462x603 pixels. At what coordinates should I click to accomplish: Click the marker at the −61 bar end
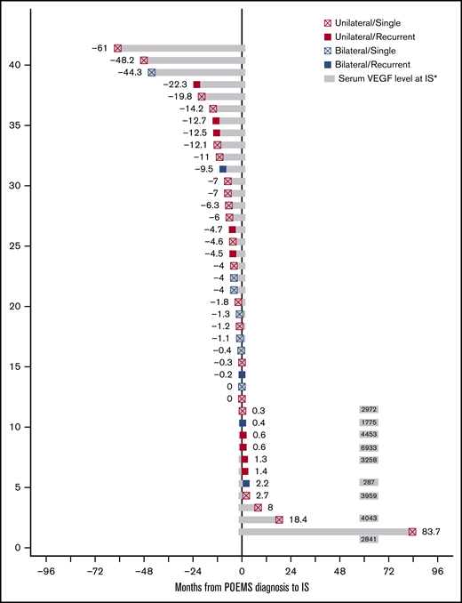point(117,48)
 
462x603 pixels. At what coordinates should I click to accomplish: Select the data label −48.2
point(123,60)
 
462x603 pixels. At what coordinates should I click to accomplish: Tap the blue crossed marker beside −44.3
point(151,72)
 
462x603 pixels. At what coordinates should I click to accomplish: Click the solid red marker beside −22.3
point(196,84)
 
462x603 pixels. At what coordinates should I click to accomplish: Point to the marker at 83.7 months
point(412,532)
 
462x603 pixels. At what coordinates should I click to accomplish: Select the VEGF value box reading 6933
point(369,446)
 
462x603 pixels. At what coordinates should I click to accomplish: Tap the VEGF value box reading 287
point(369,483)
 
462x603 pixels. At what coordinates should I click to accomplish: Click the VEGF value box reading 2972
point(369,410)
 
